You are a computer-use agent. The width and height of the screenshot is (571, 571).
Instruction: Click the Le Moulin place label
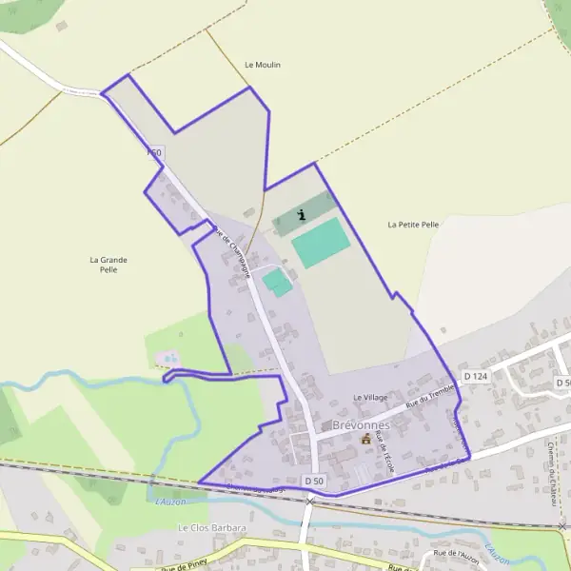pyautogui.click(x=263, y=65)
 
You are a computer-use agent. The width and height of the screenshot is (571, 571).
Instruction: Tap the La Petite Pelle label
pyautogui.click(x=413, y=225)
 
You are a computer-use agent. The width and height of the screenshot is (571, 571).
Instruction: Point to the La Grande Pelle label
pyautogui.click(x=108, y=265)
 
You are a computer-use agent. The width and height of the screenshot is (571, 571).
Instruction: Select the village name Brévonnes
pyautogui.click(x=361, y=424)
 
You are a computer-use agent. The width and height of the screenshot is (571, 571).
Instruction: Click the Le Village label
pyautogui.click(x=370, y=397)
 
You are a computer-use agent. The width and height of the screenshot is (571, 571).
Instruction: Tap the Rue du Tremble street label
pyautogui.click(x=429, y=397)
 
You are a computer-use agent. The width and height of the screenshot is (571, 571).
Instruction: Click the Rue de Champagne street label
pyautogui.click(x=232, y=250)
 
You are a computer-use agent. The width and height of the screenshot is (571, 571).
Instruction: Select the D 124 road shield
pyautogui.click(x=475, y=377)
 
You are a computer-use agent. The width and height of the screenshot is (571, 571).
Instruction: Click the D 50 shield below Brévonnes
pyautogui.click(x=314, y=482)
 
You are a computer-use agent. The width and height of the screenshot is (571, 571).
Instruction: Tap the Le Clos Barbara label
pyautogui.click(x=212, y=527)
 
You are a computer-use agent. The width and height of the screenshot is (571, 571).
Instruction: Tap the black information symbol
pyautogui.click(x=302, y=215)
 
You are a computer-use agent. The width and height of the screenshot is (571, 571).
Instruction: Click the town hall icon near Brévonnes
pyautogui.click(x=365, y=439)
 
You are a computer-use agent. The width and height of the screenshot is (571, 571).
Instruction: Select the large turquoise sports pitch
pyautogui.click(x=321, y=243)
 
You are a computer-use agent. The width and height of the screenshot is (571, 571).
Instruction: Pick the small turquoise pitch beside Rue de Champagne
pyautogui.click(x=276, y=282)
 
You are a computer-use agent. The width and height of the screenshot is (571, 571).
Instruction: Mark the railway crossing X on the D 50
pyautogui.click(x=309, y=501)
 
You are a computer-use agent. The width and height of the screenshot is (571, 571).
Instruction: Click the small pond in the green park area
pyautogui.click(x=169, y=359)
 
